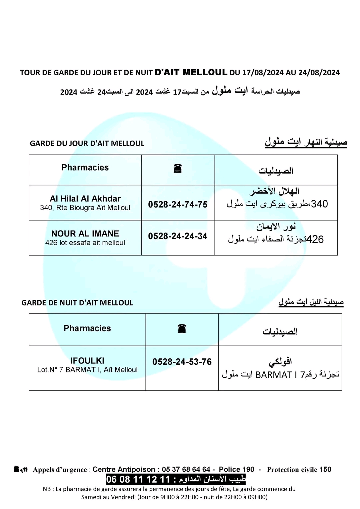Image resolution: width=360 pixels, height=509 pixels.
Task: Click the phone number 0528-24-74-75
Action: [178, 204]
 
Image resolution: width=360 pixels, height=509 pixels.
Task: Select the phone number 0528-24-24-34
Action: [178, 236]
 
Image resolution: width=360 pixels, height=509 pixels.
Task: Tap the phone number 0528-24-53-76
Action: [182, 362]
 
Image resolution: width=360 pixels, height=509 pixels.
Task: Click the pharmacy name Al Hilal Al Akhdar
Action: [85, 199]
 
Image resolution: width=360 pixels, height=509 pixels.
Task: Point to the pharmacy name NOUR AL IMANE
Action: [85, 234]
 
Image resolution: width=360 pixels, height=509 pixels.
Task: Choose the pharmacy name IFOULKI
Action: [87, 361]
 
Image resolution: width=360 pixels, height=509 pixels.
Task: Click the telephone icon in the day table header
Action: [178, 169]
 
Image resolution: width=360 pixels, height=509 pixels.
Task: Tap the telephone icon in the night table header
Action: [182, 329]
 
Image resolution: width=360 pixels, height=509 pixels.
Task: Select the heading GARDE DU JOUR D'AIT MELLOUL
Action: [87, 144]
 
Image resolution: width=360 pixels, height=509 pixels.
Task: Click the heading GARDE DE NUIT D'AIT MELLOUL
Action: [77, 303]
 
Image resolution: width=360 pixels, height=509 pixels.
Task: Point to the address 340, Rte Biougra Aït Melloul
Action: [85, 208]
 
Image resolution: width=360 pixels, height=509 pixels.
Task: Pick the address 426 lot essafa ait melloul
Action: [85, 243]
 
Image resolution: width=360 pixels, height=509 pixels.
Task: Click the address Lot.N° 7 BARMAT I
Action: [87, 370]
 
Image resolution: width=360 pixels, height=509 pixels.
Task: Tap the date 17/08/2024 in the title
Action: [262, 73]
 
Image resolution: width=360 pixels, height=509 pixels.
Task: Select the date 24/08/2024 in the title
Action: [319, 73]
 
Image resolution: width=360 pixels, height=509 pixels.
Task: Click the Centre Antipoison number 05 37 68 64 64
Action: [186, 469]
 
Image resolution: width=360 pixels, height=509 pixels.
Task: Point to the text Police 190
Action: [236, 469]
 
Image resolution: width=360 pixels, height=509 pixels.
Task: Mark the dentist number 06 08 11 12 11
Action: [138, 479]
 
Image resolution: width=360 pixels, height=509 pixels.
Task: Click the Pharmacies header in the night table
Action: [87, 328]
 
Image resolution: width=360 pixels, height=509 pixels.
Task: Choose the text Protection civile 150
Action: [299, 470]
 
